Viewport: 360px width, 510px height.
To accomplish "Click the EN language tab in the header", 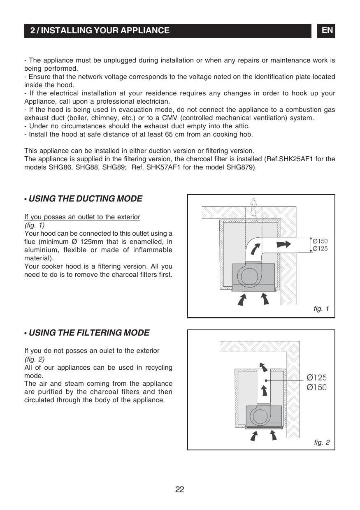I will [327, 30].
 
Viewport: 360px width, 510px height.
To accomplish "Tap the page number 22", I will [179, 489].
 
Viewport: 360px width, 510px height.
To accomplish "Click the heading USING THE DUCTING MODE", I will [85, 199].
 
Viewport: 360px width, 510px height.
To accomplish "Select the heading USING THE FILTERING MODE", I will [89, 333].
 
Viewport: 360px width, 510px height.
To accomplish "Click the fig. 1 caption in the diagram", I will [321, 308].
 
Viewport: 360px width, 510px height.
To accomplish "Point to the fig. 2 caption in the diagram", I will [321, 443].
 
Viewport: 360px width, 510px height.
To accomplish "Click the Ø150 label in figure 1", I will [320, 241].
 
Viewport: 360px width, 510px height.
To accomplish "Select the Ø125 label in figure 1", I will [320, 248].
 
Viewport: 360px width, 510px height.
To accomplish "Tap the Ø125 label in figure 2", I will [317, 377].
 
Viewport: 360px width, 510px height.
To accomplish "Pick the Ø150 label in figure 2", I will [317, 387].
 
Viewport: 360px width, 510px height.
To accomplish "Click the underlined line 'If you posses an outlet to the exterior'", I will [82, 217].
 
